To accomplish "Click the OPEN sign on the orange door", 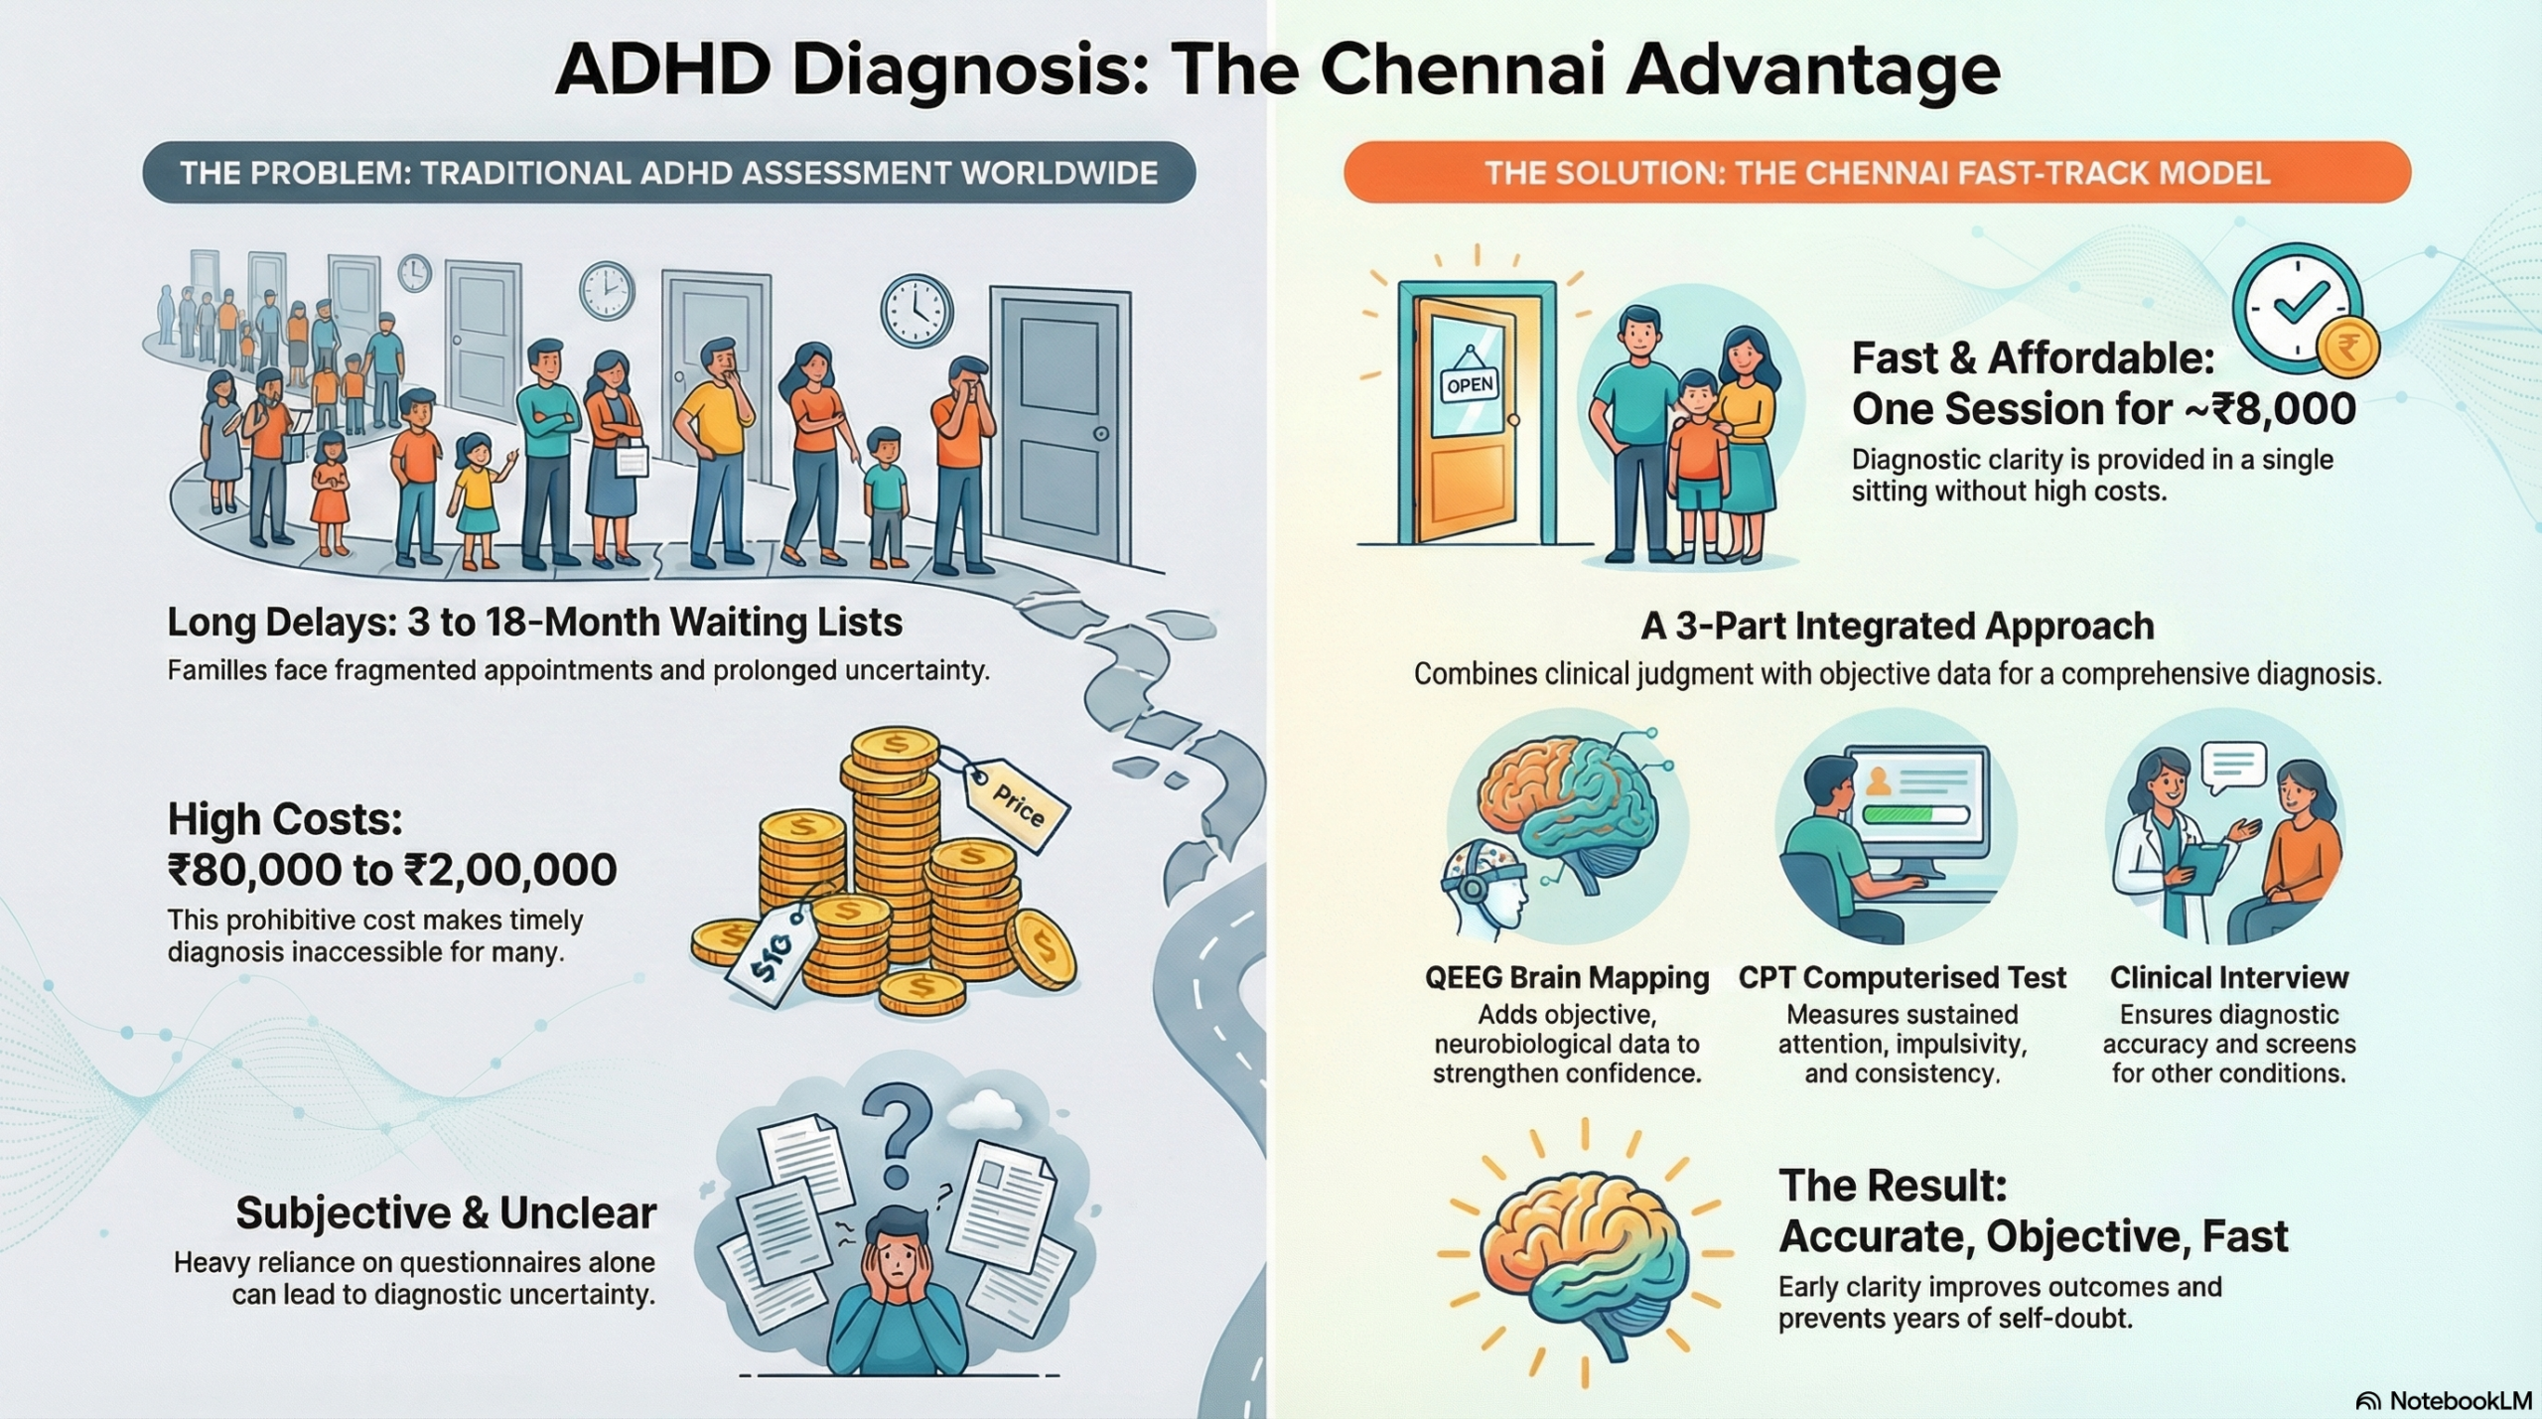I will [1469, 384].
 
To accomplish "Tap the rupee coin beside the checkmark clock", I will [2347, 349].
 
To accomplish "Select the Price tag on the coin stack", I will [1016, 803].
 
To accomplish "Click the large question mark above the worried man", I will [898, 1133].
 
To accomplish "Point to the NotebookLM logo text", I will [2459, 1400].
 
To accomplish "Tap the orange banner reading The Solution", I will [1877, 173].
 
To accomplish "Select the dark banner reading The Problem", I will [668, 173].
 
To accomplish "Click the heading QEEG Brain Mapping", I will [1567, 978].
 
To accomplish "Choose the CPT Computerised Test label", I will [1902, 978].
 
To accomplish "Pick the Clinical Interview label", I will [2229, 978].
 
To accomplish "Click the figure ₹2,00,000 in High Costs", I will [509, 871].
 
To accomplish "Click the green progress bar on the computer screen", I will [1916, 814].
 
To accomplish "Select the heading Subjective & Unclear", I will [446, 1213].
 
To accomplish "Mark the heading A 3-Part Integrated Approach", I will [1898, 627].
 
